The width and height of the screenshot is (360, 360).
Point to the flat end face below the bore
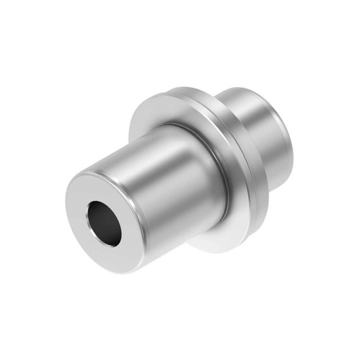pyautogui.click(x=98, y=252)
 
